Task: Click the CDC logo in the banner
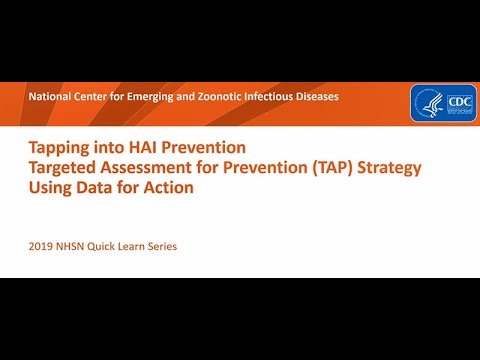pos(457,103)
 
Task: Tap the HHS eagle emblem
pos(427,103)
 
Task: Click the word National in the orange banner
pos(50,97)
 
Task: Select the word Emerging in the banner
pos(151,97)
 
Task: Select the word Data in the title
pos(94,186)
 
